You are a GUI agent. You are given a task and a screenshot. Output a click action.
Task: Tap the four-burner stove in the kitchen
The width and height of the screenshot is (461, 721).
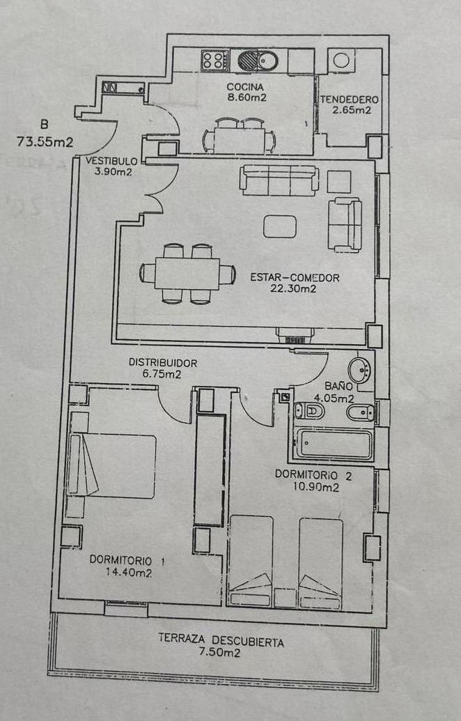click(x=214, y=60)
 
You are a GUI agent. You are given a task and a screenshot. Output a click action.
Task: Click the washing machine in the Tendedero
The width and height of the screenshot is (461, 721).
click(x=341, y=60)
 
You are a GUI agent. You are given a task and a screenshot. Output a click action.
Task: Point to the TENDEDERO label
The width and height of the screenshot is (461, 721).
click(x=350, y=100)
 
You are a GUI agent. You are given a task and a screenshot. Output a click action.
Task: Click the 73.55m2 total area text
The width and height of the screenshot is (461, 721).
click(x=45, y=141)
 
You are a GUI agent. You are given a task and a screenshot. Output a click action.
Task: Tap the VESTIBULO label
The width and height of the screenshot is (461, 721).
click(x=111, y=162)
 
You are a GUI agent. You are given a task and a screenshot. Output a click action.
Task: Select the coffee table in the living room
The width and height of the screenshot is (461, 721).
click(x=279, y=226)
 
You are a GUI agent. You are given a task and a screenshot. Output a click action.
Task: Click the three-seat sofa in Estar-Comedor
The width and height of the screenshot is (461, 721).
click(x=279, y=180)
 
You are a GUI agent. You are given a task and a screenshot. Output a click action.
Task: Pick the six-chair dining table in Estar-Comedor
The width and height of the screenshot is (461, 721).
click(x=187, y=274)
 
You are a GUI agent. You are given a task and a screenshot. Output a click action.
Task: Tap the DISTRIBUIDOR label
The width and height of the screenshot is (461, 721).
click(x=163, y=363)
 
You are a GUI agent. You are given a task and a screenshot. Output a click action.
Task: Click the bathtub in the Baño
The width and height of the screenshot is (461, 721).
click(x=334, y=444)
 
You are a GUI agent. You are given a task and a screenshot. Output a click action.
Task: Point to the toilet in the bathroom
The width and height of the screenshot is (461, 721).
click(x=309, y=410)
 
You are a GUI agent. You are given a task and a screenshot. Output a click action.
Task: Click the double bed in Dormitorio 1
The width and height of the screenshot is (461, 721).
click(x=111, y=465)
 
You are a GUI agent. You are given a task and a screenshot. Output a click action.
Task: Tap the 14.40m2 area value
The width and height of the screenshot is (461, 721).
click(x=129, y=573)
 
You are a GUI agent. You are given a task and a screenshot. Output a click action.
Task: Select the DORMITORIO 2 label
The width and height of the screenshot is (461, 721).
click(x=313, y=475)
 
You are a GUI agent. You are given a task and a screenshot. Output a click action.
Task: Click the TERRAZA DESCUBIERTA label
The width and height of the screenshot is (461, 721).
click(x=221, y=640)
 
